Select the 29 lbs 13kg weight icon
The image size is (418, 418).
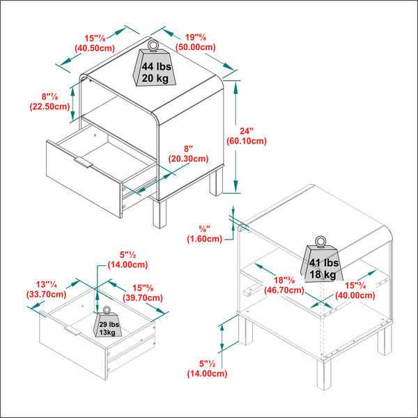pyautogui.click(x=108, y=325)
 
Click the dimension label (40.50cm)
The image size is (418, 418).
pyautogui.click(x=94, y=48)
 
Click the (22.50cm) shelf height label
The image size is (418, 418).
pyautogui.click(x=49, y=107)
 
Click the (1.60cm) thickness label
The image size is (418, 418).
pyautogui.click(x=204, y=239)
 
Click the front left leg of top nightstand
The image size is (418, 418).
pyautogui.click(x=158, y=214)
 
